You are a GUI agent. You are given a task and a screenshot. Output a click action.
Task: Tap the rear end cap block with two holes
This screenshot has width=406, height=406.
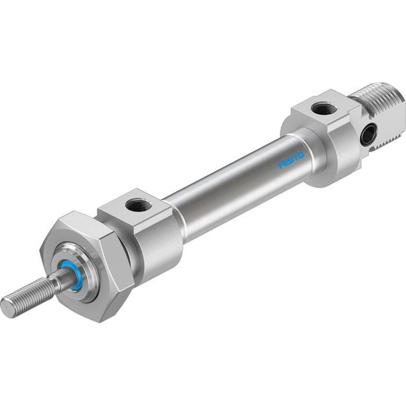[325, 138]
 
